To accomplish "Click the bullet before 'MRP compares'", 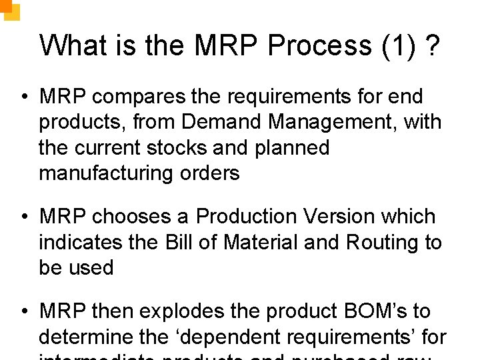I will tap(23, 97).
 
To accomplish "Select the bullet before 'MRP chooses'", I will tap(23, 217).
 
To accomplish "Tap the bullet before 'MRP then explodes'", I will tap(23, 312).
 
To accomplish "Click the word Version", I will tap(341, 217).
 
